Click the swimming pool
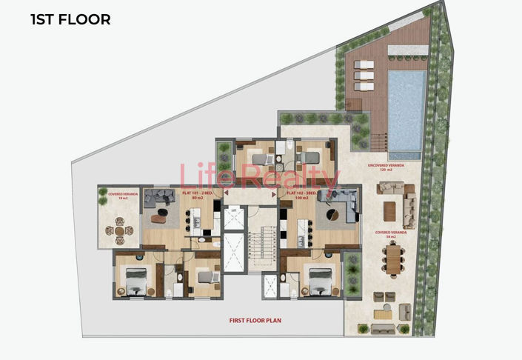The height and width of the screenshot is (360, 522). tap(407, 107)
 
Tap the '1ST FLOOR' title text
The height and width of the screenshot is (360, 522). tap(70, 20)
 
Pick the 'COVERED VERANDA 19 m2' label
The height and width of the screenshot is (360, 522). tap(119, 196)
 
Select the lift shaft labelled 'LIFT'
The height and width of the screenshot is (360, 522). tap(233, 219)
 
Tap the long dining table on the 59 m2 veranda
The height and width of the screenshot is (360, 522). tap(391, 261)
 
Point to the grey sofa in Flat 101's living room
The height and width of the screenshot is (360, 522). tap(158, 197)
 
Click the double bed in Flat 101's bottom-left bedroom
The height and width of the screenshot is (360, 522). tap(135, 281)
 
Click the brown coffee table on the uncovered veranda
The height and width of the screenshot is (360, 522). tap(390, 210)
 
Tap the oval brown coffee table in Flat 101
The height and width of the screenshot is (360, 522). tap(159, 218)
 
